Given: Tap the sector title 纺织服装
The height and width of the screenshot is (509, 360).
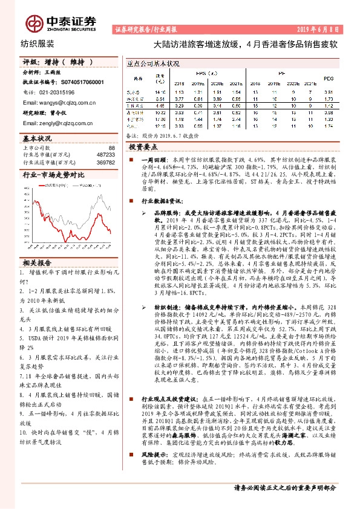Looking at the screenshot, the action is coord(38,44).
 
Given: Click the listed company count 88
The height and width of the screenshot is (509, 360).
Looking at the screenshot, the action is coord(111,148).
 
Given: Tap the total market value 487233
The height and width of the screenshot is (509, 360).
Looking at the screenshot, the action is coord(106,155).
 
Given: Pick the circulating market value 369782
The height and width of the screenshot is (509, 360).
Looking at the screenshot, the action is coord(106,162).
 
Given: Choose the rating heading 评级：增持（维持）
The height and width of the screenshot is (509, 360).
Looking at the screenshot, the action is coord(57,62).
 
